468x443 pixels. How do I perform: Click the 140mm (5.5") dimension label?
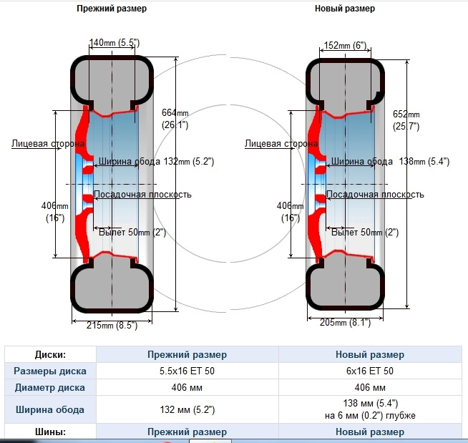(x=114, y=43)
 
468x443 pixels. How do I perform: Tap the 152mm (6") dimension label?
(x=345, y=45)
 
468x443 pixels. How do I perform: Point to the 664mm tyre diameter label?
(x=175, y=119)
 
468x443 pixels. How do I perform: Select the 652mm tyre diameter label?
(x=406, y=120)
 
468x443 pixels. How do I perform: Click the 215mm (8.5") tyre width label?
(x=112, y=325)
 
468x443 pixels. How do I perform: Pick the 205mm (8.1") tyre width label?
(x=345, y=322)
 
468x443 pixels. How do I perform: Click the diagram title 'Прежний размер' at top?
(x=112, y=9)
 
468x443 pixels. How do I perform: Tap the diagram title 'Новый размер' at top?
(x=345, y=9)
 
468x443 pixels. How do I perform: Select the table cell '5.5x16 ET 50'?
(x=187, y=371)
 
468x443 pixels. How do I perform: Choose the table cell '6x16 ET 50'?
(x=370, y=371)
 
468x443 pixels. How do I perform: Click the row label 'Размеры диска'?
(x=50, y=371)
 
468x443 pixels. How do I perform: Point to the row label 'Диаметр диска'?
(x=50, y=387)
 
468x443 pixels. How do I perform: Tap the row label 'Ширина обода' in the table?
(x=50, y=409)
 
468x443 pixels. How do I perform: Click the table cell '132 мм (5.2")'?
(x=187, y=409)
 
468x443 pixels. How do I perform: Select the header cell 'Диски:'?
(x=50, y=355)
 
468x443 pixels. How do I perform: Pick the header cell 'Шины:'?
(x=50, y=432)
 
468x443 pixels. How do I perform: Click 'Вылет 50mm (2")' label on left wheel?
(x=132, y=233)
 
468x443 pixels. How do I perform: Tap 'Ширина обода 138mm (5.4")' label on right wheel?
(x=390, y=162)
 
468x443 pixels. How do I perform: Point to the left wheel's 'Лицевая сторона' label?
(x=48, y=144)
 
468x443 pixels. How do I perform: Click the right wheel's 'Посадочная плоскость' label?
(x=375, y=195)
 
